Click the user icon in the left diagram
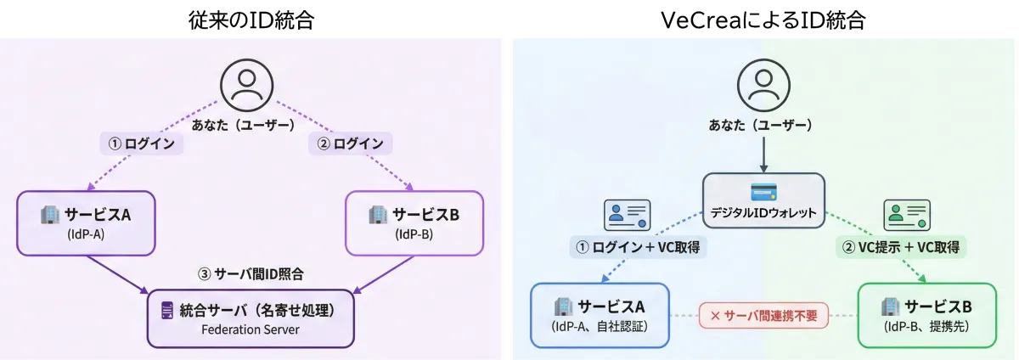tap(247, 86)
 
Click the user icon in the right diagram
tap(763, 86)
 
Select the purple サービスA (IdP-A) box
tap(87, 222)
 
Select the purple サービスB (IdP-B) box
tap(414, 222)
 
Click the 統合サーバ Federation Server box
tap(251, 318)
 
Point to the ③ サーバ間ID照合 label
tap(251, 274)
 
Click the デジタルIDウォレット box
tap(763, 201)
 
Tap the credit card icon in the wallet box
tap(763, 191)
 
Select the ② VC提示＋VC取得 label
tap(900, 248)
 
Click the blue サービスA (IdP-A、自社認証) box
tap(600, 314)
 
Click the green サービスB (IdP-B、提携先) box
tap(926, 314)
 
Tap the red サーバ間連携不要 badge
tap(763, 315)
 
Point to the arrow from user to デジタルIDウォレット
tap(763, 156)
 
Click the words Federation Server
tap(251, 329)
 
